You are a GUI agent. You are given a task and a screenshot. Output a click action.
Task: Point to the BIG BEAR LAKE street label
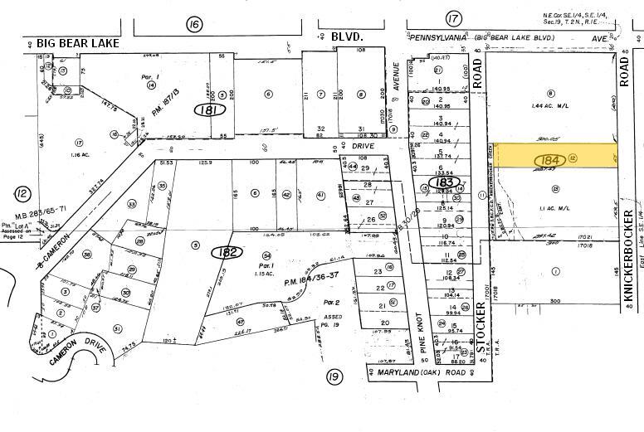[x=72, y=42]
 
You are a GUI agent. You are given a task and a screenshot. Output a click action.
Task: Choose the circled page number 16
[x=194, y=24]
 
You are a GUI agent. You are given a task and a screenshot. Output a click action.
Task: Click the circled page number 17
[x=452, y=19]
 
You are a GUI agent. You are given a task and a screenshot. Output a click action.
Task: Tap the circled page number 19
[x=334, y=378]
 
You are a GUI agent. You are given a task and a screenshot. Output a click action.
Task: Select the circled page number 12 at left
[x=21, y=193]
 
